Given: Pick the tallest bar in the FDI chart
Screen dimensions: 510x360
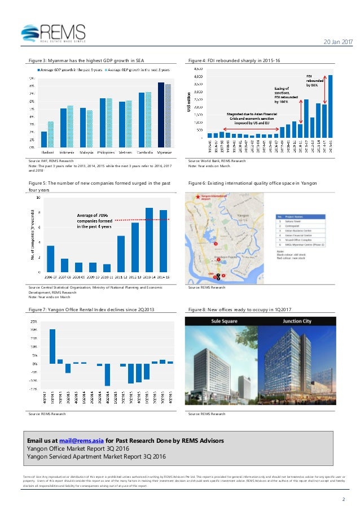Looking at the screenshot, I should pos(331,106).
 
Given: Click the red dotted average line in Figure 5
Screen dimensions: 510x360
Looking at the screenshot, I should pos(141,219).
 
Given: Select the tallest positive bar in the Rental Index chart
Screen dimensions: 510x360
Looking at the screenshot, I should pos(52,346).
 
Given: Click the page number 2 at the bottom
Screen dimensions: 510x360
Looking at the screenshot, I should pos(343,499).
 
